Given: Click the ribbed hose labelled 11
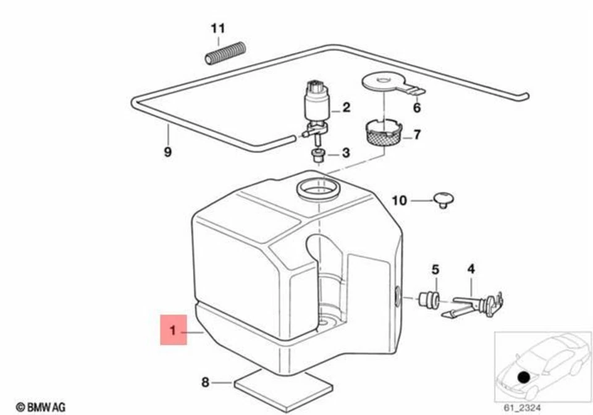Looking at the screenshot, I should click(225, 53).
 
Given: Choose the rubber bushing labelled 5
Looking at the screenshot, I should click(428, 299).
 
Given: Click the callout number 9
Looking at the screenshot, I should click(167, 151).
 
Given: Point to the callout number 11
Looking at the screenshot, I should click(217, 28).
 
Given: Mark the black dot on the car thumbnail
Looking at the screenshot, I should click(524, 376).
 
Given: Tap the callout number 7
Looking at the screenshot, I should click(417, 134).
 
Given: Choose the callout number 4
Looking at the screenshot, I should click(471, 269).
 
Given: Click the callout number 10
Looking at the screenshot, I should click(399, 200).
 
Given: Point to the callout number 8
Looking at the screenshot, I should click(205, 383).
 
